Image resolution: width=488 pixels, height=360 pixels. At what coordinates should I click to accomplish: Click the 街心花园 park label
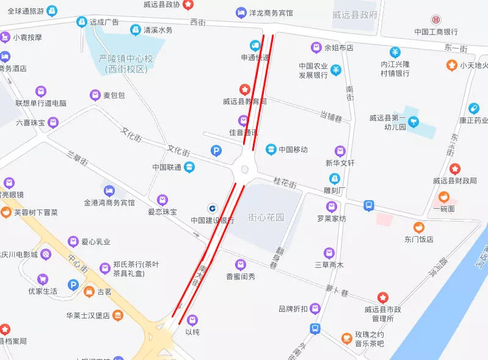pos(266,217)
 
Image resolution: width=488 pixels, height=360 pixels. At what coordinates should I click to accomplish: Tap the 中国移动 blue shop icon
pos(271,149)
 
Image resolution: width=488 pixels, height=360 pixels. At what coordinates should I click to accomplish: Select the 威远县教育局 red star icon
pos(244,90)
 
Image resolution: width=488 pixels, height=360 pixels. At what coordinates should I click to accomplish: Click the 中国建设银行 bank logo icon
pos(213,207)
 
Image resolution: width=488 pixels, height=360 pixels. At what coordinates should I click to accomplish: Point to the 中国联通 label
pos(167,167)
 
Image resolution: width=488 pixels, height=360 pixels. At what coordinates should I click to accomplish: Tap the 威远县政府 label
pos(355,15)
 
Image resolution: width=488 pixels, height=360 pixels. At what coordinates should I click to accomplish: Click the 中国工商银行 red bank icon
pos(436,20)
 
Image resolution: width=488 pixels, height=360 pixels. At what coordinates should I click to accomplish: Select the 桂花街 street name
pos(285,182)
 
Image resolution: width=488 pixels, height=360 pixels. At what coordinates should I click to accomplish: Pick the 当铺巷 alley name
pos(330,115)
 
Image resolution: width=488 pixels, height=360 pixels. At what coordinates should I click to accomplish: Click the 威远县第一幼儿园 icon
pos(414,121)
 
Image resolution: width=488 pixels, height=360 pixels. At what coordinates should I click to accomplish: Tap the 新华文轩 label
pos(340,163)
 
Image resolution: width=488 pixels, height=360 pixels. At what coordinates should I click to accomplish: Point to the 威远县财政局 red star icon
pos(454,168)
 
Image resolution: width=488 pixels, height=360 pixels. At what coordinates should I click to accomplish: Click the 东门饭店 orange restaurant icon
pos(419,227)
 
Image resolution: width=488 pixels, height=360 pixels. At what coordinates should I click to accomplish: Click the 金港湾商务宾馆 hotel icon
pos(109,190)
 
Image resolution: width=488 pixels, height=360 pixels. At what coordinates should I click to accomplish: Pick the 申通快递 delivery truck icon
pos(255,46)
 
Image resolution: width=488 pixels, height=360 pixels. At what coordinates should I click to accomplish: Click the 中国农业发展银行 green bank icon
pos(336,71)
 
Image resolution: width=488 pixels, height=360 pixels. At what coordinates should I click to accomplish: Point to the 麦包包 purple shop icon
pos(95,95)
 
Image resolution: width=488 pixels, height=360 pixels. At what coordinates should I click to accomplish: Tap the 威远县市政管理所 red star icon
pos(382,297)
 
